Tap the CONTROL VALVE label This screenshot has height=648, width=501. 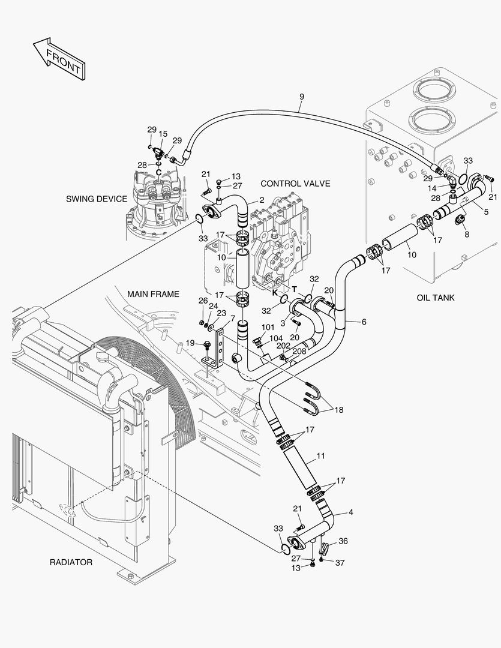click(295, 184)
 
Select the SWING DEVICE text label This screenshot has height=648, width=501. click(97, 199)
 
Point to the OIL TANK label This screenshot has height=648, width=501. click(436, 298)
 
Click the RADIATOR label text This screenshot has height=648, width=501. click(71, 562)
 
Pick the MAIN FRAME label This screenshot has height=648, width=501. click(153, 294)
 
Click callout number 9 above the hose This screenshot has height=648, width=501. click(301, 97)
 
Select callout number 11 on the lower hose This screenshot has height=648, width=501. click(320, 456)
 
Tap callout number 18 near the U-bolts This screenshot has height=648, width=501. click(339, 410)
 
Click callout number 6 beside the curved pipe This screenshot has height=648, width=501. click(364, 322)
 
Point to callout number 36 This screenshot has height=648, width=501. click(343, 541)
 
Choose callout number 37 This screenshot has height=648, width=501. click(340, 562)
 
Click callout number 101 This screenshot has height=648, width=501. click(268, 328)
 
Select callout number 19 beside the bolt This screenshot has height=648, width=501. click(190, 343)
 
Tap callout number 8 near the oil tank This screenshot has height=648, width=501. click(467, 235)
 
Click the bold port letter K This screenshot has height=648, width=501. click(275, 293)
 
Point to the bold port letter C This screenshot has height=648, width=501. click(158, 173)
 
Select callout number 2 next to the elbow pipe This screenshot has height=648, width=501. click(262, 200)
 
